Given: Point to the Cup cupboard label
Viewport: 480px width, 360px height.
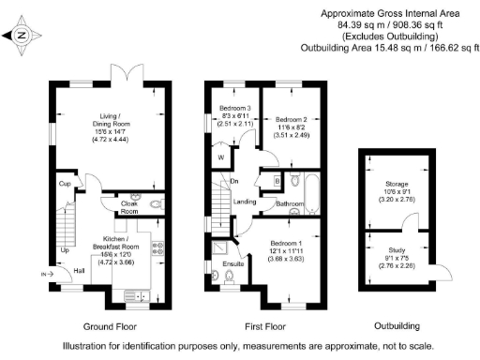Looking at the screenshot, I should click(64, 184).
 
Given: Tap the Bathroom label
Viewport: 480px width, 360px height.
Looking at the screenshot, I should click(289, 202).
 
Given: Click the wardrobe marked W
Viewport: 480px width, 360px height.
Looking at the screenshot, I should click(220, 157).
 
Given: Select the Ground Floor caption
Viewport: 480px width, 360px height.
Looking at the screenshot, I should click(112, 327).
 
